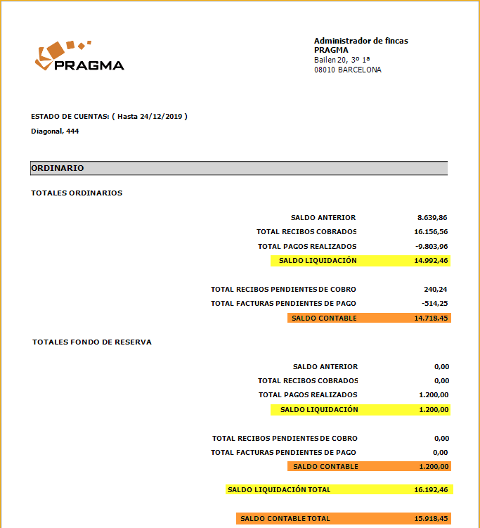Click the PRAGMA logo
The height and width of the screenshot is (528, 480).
pos(79,57)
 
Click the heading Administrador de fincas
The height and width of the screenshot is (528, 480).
pos(361,41)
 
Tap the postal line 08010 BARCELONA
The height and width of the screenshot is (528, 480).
pos(347,70)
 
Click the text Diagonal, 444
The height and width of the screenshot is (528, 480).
pos(55,131)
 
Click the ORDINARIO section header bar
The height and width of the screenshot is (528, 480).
pos(239,168)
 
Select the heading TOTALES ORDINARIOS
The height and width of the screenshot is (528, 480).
pos(77,193)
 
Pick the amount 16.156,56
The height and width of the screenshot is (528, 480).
pos(431,232)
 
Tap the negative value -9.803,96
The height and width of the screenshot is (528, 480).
pos(431,246)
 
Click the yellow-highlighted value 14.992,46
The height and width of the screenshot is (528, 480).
pos(431,260)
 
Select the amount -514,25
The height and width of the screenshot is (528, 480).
pos(435,304)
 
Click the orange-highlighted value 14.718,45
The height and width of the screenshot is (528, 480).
pos(431,318)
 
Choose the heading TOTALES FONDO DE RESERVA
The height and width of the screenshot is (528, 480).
pos(92,342)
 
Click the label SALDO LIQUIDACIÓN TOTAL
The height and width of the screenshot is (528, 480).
pos(279,489)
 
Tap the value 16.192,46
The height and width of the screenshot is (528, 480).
pos(431,489)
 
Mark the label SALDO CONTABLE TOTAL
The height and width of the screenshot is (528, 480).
pos(285,518)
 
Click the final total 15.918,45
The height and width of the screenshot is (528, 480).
pos(431,518)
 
